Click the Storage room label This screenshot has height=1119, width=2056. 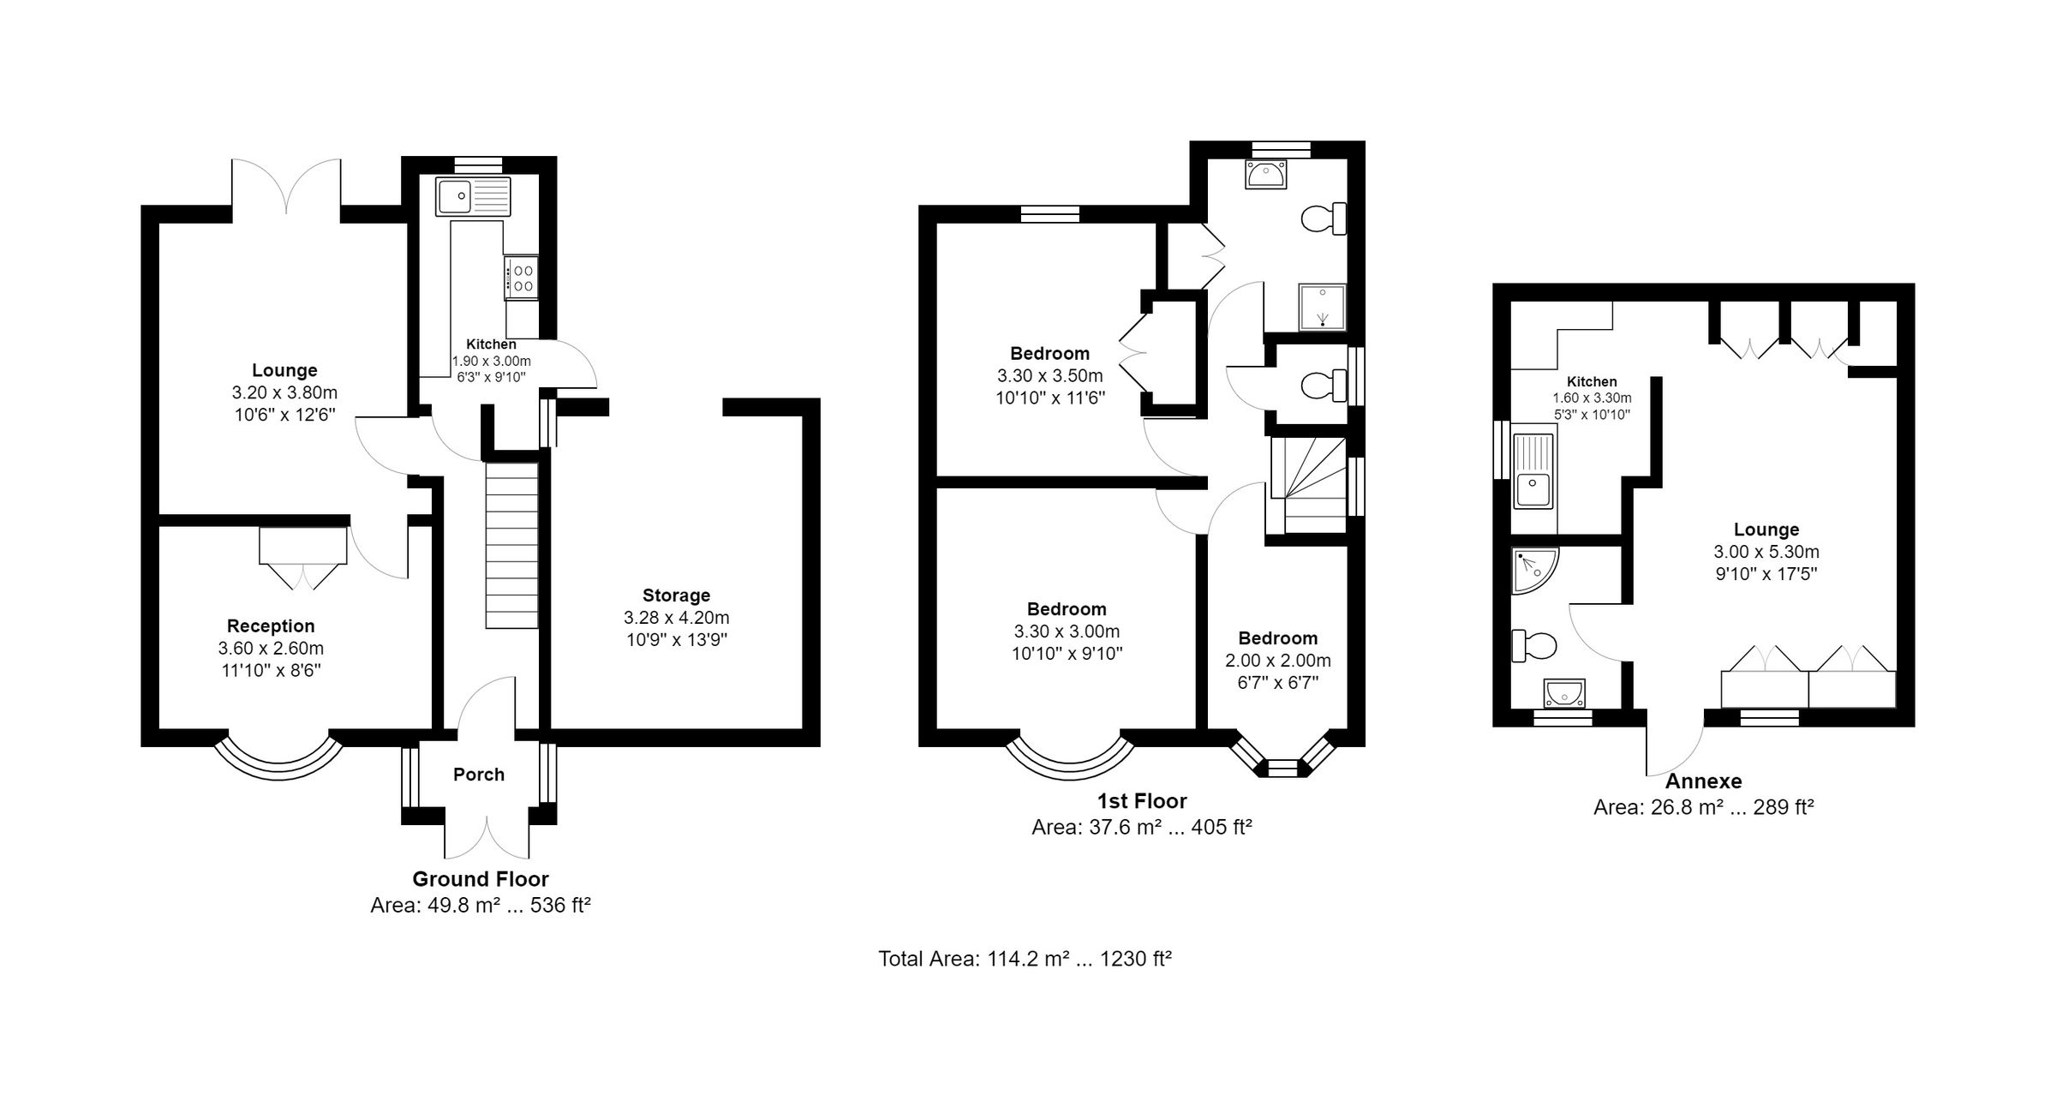676,595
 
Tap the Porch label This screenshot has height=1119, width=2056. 478,775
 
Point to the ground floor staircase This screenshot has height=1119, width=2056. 512,546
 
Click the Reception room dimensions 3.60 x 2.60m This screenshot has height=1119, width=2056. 271,649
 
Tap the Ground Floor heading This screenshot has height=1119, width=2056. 480,879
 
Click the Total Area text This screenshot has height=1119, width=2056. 1025,959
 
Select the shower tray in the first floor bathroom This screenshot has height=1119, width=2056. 1323,307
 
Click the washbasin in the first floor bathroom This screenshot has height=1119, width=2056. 1267,175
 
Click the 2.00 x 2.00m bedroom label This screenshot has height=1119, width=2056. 1277,638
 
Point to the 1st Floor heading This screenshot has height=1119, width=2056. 1142,801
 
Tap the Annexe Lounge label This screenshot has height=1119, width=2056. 1766,530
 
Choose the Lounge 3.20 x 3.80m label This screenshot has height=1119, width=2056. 284,371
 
